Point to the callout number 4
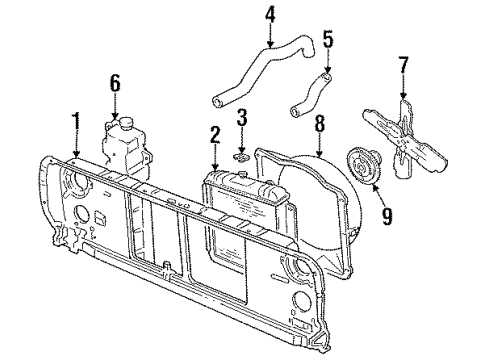pyautogui.click(x=270, y=14)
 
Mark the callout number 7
pyautogui.click(x=403, y=65)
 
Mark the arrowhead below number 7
pyautogui.click(x=403, y=96)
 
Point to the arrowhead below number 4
pyautogui.click(x=270, y=45)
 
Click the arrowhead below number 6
pyautogui.click(x=115, y=113)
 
